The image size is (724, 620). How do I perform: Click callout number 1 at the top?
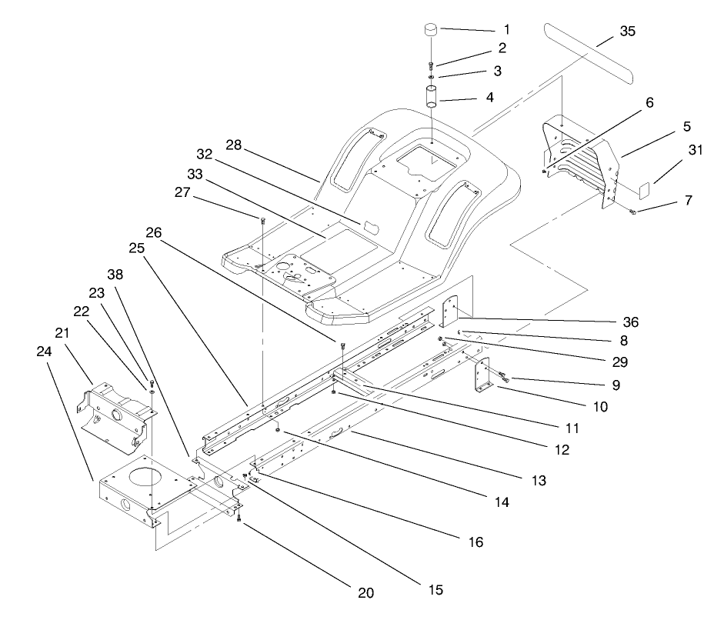click(x=506, y=29)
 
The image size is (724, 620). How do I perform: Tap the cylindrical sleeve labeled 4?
click(x=432, y=99)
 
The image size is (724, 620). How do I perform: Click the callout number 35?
click(x=627, y=32)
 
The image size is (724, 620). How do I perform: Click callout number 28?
click(x=234, y=145)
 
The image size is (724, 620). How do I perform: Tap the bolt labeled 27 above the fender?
click(x=263, y=222)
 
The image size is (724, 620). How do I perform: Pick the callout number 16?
click(x=475, y=542)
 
